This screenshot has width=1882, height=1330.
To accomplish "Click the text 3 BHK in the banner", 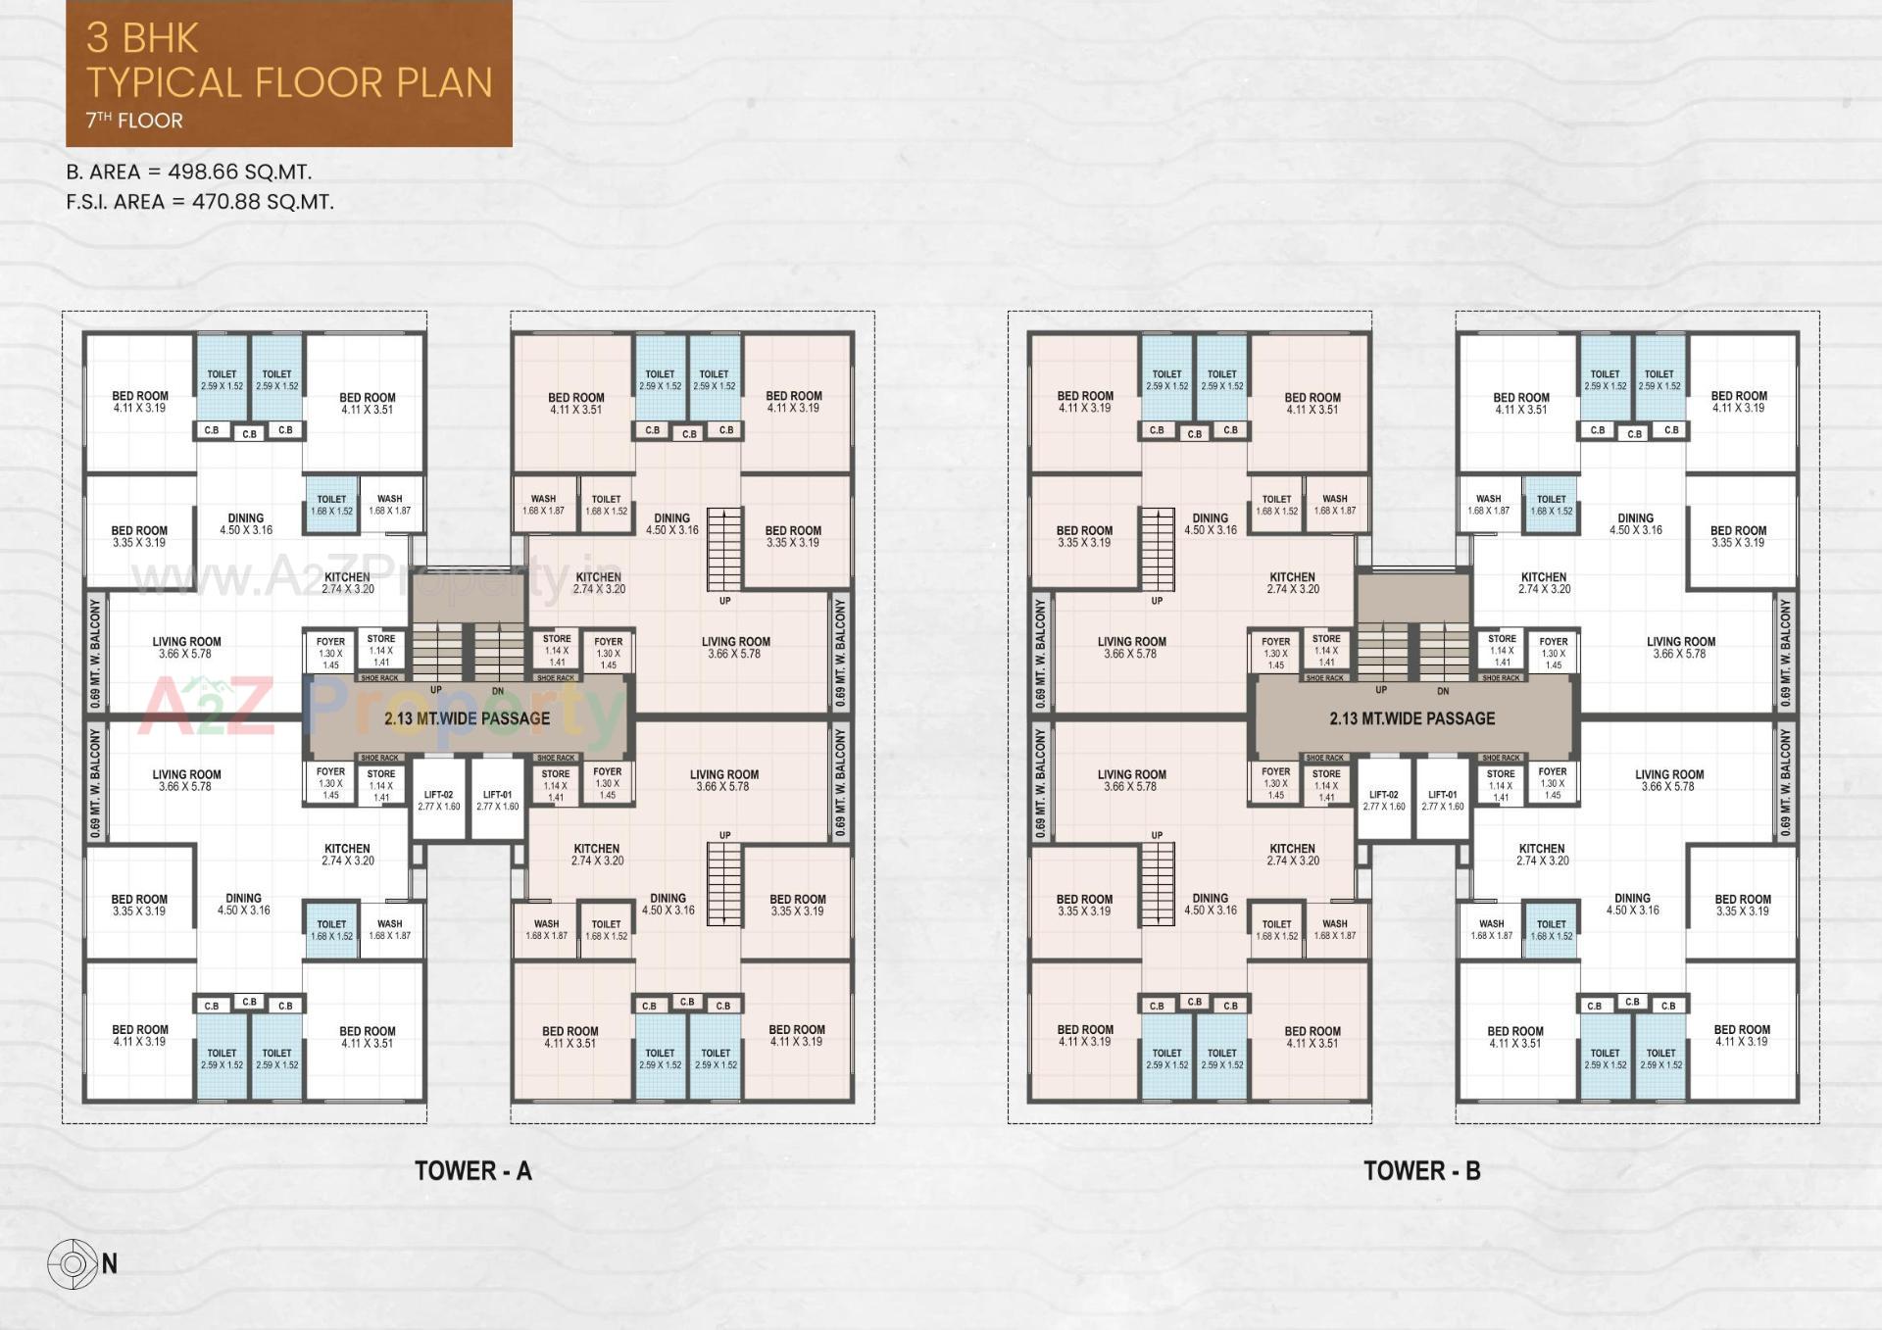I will [x=142, y=38].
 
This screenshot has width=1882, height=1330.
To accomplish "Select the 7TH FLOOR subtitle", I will [x=134, y=121].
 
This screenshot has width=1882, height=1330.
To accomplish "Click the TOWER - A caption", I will [x=472, y=1170].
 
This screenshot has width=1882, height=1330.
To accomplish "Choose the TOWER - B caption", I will [x=1421, y=1170].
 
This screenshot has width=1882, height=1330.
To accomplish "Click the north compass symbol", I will [x=74, y=1263].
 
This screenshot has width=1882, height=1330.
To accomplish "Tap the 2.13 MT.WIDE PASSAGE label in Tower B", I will [x=1411, y=718].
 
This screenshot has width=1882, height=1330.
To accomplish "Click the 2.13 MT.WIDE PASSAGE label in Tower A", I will [x=467, y=718].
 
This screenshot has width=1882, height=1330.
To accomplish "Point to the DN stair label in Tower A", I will [x=498, y=691].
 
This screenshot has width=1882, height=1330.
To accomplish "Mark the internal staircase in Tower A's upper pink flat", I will [x=725, y=548].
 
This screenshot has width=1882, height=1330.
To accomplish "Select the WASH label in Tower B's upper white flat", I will [x=1488, y=499].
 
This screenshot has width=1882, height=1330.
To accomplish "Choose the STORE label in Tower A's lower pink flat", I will [x=556, y=773].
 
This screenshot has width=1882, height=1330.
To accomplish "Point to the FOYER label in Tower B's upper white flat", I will [x=1553, y=643].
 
